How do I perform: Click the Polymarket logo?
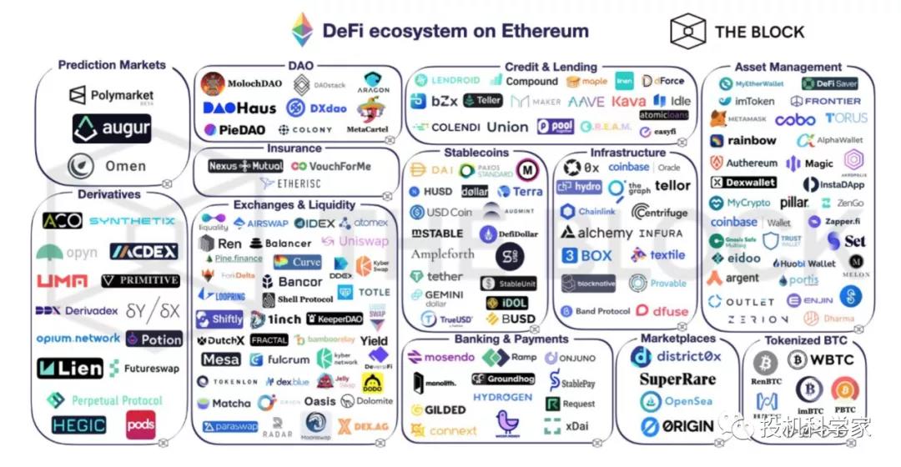(x=110, y=96)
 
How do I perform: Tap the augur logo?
(x=111, y=128)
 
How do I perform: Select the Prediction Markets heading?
(x=112, y=65)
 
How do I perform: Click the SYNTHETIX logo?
(x=132, y=221)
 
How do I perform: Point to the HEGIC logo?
(x=79, y=425)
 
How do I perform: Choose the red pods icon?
(x=141, y=425)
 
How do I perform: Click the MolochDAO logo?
(x=243, y=84)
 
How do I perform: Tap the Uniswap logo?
(x=353, y=242)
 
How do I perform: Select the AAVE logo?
(x=586, y=102)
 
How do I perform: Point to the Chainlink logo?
(x=587, y=212)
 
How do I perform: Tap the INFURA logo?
(x=662, y=233)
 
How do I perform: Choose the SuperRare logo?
(x=677, y=379)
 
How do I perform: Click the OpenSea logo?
(x=677, y=402)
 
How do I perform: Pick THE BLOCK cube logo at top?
(x=687, y=32)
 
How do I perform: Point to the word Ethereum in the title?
(x=544, y=32)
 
